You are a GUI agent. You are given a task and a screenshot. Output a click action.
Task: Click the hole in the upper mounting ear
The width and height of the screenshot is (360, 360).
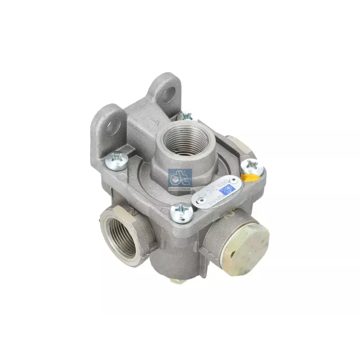click(170, 93)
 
